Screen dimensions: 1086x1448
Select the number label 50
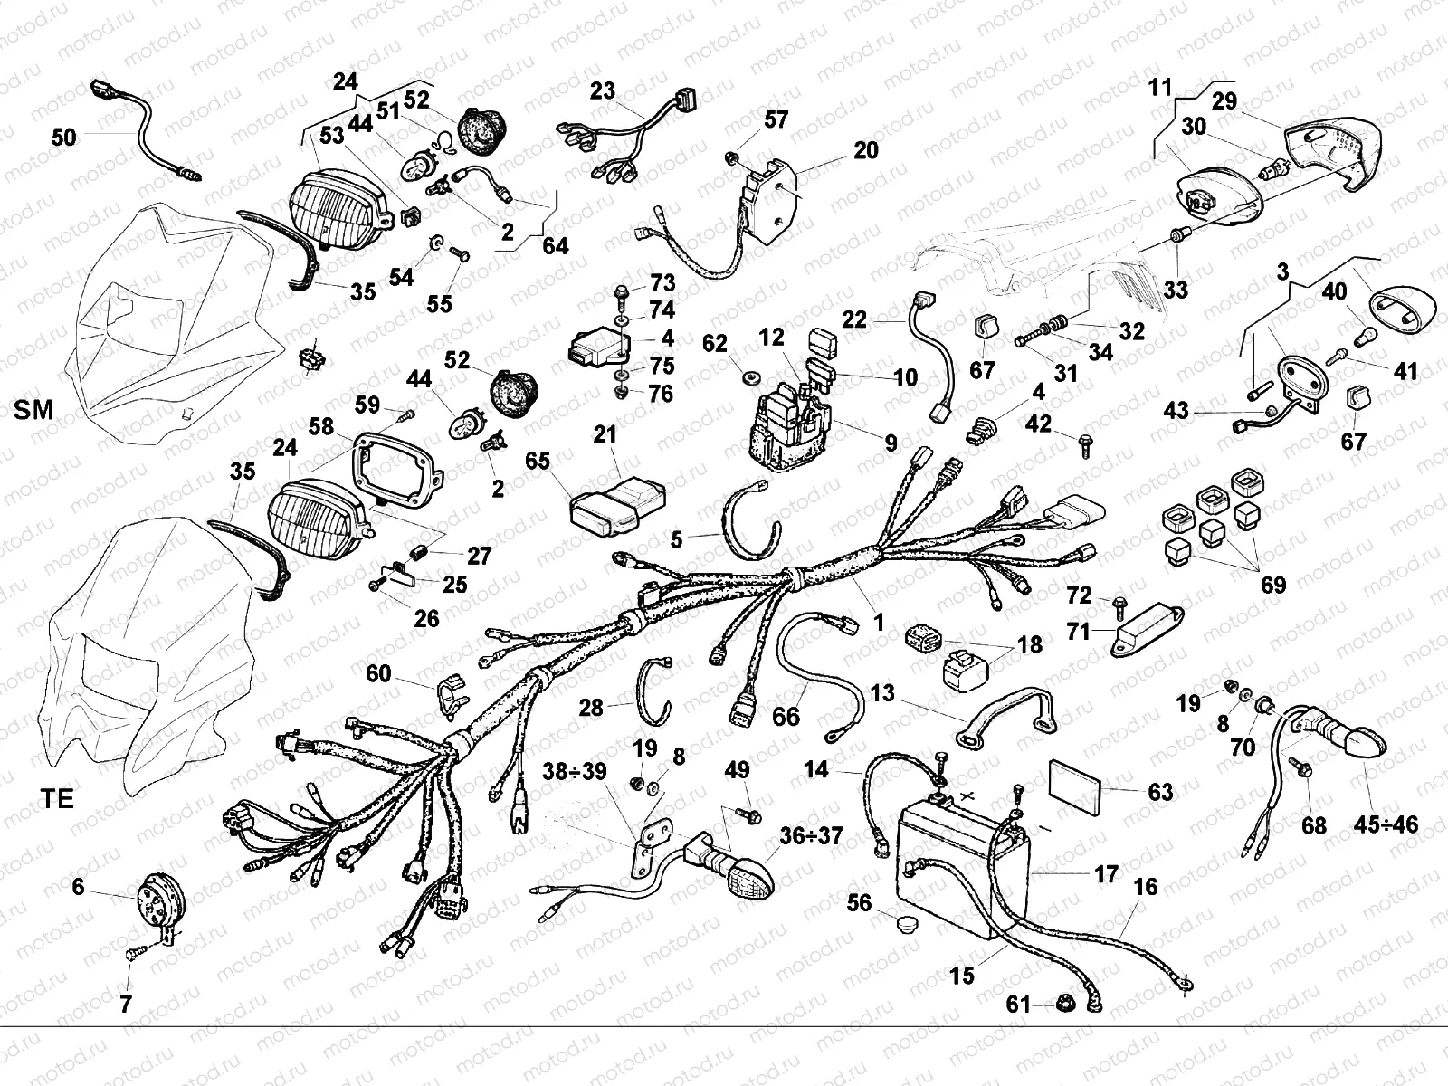64,138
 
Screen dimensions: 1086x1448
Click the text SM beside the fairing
33,410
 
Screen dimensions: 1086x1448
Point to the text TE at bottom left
57,799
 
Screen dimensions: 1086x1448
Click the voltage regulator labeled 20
772,193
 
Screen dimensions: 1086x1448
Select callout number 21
605,434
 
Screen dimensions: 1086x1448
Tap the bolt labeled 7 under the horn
134,952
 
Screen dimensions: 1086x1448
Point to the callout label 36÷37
812,836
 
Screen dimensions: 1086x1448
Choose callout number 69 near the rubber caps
1272,585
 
